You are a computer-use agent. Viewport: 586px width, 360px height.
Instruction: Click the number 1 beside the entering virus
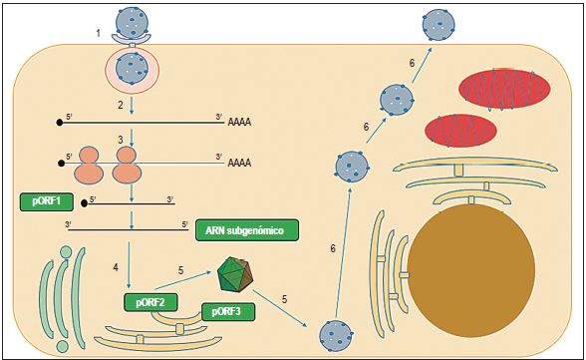pyautogui.click(x=98, y=35)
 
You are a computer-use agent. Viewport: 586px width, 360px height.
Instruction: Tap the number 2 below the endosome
pyautogui.click(x=119, y=105)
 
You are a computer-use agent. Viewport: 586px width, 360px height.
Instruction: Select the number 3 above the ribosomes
pyautogui.click(x=119, y=141)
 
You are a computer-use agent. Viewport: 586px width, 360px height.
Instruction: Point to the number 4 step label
pyautogui.click(x=117, y=266)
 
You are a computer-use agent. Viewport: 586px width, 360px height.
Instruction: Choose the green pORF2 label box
pyautogui.click(x=149, y=302)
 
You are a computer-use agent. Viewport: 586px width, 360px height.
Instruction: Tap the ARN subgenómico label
pyautogui.click(x=247, y=230)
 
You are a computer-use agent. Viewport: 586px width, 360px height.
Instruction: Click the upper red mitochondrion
pyautogui.click(x=504, y=89)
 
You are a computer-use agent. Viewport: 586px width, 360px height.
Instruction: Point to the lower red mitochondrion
pyautogui.click(x=461, y=131)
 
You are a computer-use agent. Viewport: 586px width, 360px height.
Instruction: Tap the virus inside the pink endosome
pyautogui.click(x=132, y=68)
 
